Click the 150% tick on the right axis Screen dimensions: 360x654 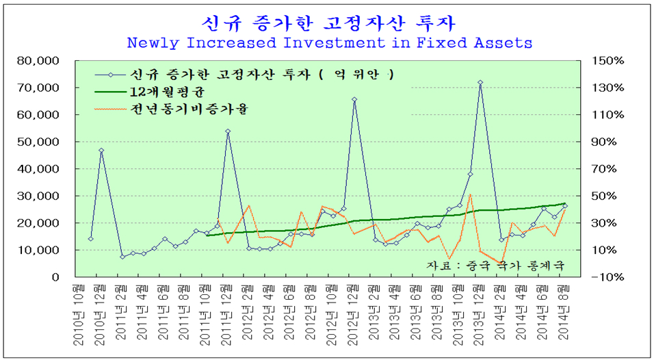(x=607, y=61)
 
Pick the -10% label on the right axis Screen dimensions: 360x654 (x=607, y=277)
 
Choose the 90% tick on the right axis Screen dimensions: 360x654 (x=607, y=142)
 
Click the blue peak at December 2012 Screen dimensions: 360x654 (x=354, y=99)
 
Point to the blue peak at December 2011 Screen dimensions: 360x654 (x=228, y=131)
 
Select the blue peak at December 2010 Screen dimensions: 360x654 (x=101, y=151)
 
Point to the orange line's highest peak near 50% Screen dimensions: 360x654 (x=471, y=195)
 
